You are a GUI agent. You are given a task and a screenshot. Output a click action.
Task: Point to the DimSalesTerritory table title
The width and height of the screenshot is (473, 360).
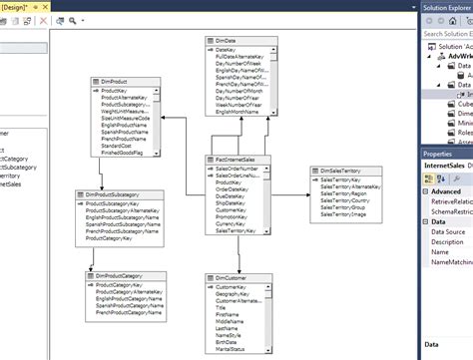pos(344,171)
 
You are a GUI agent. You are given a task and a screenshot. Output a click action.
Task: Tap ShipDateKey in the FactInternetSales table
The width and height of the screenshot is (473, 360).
pos(233,203)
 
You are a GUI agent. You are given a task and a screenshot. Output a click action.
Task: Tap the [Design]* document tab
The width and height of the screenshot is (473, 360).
pos(19,6)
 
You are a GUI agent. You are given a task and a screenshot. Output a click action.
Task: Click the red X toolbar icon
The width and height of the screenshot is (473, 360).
pos(44,20)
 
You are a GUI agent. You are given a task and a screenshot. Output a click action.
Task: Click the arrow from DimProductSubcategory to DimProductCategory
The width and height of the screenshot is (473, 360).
pos(92,258)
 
